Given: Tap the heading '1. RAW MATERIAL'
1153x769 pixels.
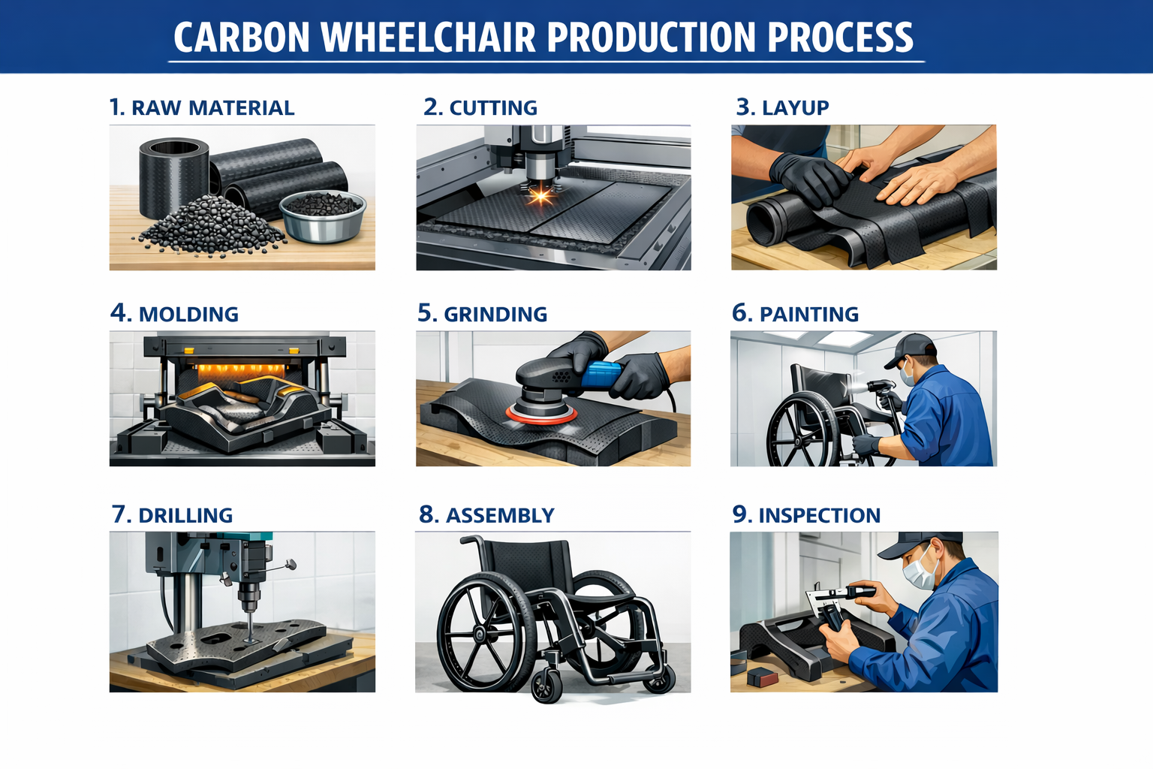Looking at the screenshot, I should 202,107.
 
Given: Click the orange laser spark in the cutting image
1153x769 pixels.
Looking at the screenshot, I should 540,197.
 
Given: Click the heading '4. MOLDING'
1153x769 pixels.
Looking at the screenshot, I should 174,313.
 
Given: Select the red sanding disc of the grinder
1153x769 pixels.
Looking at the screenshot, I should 541,414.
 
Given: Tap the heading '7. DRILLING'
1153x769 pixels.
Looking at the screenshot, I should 172,515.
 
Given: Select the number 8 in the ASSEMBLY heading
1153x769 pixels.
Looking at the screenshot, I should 428,514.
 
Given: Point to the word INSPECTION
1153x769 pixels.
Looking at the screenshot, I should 819,515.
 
